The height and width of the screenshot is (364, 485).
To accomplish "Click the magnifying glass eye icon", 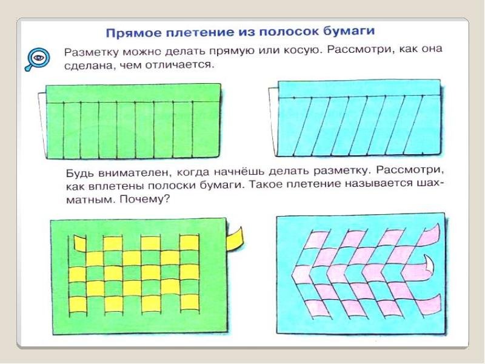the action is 37,59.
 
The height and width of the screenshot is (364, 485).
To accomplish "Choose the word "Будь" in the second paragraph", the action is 80,173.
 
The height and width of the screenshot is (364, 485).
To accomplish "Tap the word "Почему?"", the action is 145,199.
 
